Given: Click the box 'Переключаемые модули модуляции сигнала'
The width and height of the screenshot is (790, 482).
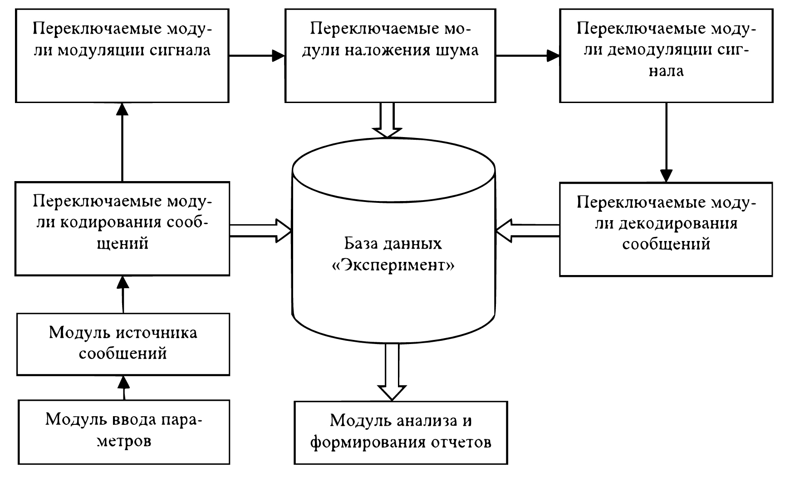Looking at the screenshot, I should (122, 56).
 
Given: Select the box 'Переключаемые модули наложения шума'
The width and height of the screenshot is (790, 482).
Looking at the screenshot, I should (390, 56).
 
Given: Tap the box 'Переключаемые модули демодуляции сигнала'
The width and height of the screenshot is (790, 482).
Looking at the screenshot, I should (666, 56).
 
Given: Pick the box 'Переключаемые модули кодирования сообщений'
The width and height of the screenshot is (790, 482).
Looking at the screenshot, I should (122, 228).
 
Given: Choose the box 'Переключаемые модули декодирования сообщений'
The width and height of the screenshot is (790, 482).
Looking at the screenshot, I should (666, 229).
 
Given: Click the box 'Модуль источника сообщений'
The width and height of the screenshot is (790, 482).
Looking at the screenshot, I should (123, 344).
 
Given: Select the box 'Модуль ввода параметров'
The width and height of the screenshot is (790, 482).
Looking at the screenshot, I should (124, 432).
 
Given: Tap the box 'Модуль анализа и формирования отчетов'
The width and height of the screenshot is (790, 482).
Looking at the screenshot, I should (401, 433).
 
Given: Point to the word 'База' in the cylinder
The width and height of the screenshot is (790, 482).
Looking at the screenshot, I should (361, 244).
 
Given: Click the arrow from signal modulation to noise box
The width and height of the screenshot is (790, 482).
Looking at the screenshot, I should (257, 56).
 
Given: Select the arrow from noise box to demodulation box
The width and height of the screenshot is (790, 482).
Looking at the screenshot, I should (528, 56).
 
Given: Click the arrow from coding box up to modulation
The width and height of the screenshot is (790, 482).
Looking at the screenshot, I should (122, 142).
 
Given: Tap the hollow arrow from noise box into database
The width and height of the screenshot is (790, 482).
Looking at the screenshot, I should (387, 120).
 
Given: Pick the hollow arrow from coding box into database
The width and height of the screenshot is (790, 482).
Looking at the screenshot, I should (260, 231).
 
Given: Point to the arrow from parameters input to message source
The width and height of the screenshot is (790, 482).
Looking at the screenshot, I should (124, 388).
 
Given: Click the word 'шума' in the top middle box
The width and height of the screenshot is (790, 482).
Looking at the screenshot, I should (458, 49).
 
